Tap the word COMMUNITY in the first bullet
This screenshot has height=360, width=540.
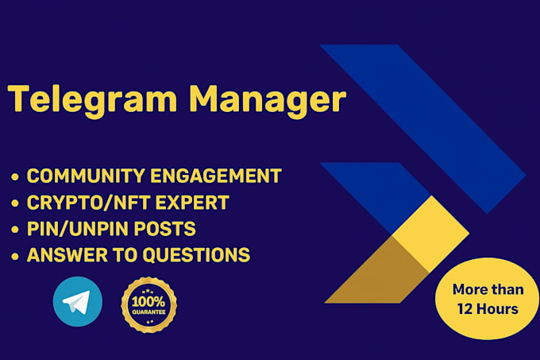[86, 176]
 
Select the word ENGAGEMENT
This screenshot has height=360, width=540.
[216, 176]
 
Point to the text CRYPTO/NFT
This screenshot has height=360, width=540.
[88, 202]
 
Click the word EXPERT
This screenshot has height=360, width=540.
[192, 202]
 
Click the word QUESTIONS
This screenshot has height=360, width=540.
[196, 255]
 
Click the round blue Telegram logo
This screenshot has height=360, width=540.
[78, 301]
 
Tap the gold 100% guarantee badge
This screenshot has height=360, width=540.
[148, 305]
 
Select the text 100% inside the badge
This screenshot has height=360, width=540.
[148, 302]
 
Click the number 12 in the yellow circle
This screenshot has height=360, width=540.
[465, 309]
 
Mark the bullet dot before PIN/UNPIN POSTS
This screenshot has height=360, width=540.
[15, 230]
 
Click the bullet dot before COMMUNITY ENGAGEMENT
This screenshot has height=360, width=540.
[15, 176]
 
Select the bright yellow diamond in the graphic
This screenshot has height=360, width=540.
[430, 234]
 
